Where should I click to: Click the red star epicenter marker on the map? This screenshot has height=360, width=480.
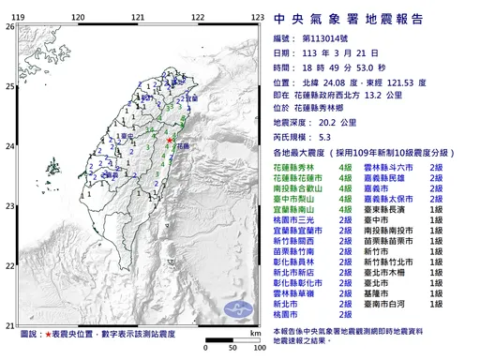169,140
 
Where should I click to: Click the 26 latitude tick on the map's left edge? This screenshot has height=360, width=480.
9,27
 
